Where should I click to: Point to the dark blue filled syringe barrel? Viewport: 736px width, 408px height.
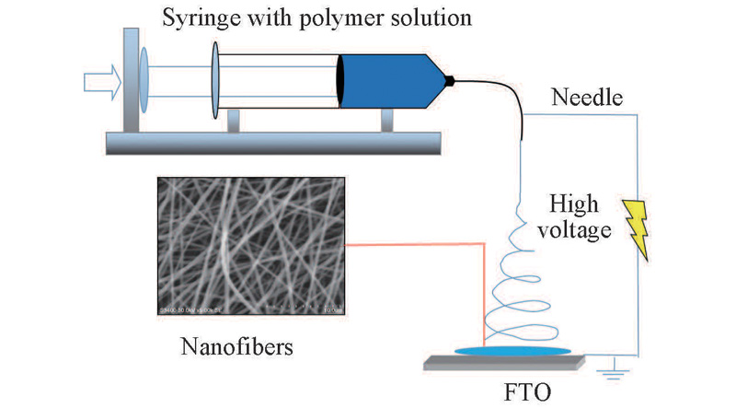coord(386,81)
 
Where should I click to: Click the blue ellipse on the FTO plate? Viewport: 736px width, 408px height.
coord(512,350)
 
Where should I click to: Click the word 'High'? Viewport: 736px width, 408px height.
coord(577,203)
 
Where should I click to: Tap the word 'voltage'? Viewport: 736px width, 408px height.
coord(578,230)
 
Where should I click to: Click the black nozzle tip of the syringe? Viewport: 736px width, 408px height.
coord(450,81)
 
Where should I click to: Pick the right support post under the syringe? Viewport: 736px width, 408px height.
coord(386,121)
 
